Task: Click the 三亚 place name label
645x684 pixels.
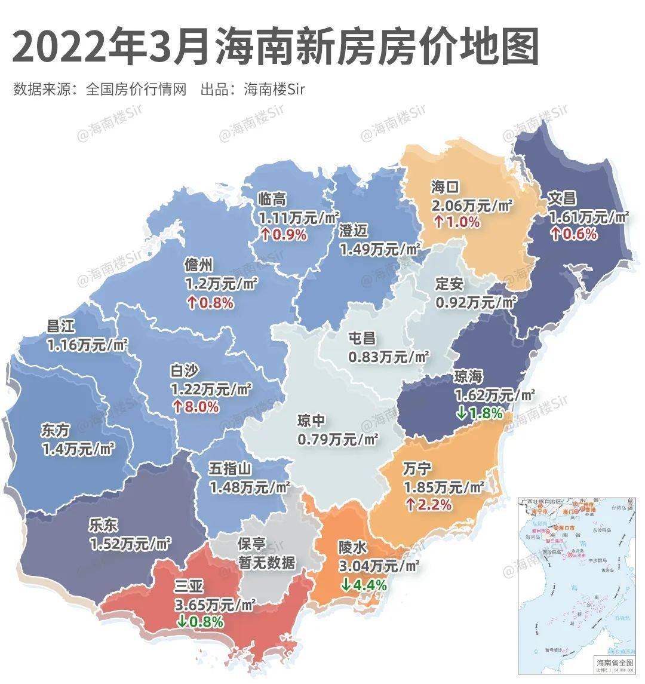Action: point(189,587)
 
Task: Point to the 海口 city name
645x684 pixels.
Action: point(445,187)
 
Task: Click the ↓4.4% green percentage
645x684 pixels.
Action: point(364,585)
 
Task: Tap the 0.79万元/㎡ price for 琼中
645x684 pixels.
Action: point(337,439)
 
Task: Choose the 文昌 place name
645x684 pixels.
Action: point(563,198)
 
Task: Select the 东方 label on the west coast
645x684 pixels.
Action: point(56,430)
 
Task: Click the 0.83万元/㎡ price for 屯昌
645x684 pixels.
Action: point(388,357)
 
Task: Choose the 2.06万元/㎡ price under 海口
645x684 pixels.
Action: point(472,205)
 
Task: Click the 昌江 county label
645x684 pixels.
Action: point(61,326)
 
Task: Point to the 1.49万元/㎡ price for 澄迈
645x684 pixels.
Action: point(379,248)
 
